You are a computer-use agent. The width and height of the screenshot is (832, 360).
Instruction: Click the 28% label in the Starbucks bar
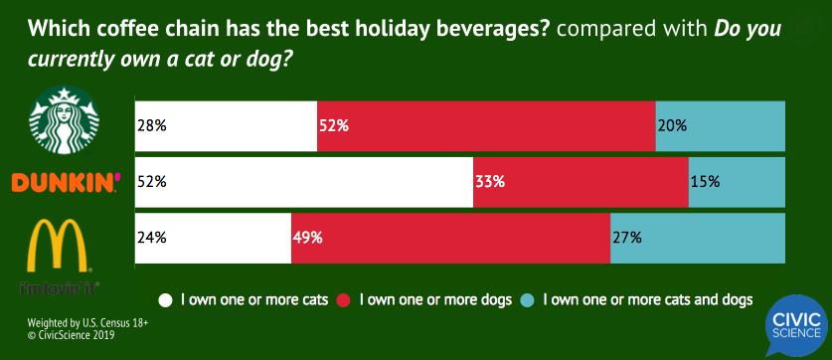tap(152, 126)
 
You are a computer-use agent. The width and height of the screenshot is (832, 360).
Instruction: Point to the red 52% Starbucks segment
tap(486, 126)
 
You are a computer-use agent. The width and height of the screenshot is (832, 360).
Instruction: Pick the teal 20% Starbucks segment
tap(721, 126)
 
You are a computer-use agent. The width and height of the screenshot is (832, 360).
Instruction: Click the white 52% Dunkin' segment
tap(303, 182)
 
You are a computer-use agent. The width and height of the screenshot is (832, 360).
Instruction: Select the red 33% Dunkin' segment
tap(581, 182)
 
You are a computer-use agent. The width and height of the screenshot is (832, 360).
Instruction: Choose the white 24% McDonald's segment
tap(213, 238)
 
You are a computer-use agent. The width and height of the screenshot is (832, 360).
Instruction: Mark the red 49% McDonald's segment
tap(450, 238)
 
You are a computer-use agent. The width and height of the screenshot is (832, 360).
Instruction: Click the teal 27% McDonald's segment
tap(698, 238)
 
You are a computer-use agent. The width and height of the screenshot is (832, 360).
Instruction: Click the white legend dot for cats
tap(166, 298)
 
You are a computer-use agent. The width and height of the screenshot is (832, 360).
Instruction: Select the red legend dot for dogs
tap(344, 298)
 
